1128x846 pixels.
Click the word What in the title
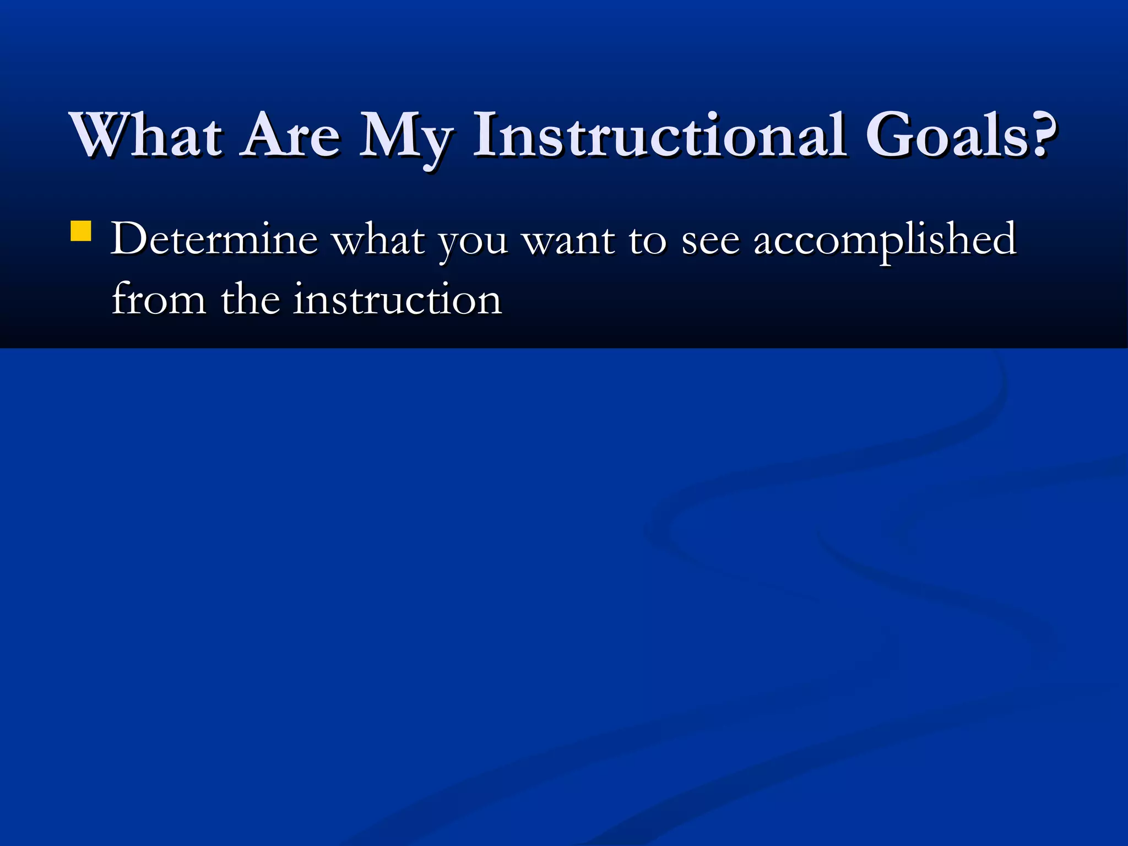point(147,135)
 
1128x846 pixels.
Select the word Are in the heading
point(292,135)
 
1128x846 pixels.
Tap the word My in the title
point(406,138)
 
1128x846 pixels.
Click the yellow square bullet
point(81,231)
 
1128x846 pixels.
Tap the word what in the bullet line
point(379,239)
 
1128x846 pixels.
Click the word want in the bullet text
point(568,240)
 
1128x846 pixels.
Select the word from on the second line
point(159,300)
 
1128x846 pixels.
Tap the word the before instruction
point(250,299)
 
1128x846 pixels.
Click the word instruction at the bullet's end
point(397,300)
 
